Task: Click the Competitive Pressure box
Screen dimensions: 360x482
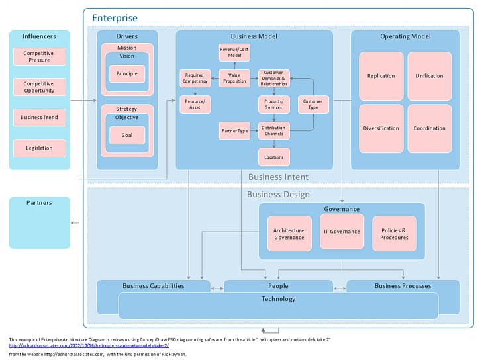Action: [40, 56]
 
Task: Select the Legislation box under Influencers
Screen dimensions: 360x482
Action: [40, 148]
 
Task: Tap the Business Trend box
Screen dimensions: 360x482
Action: [40, 117]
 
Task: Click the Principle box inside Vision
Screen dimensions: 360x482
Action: [127, 73]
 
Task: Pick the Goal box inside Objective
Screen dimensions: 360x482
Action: [127, 134]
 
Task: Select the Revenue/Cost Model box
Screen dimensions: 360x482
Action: [234, 53]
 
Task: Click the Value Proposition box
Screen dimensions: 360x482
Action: [234, 78]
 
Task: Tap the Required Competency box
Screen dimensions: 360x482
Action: [195, 78]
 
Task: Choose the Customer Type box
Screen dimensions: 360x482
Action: [313, 104]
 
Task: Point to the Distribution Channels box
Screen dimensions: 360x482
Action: [273, 130]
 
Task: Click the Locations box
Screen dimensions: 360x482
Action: [273, 157]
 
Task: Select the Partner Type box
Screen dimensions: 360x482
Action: [234, 130]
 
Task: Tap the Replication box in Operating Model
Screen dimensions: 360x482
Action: [381, 75]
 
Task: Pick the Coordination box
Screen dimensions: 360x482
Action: [429, 128]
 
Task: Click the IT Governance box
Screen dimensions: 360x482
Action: [342, 231]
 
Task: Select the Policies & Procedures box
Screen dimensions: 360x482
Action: [395, 234]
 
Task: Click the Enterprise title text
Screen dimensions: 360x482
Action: [115, 18]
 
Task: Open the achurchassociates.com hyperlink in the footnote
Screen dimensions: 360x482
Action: [89, 345]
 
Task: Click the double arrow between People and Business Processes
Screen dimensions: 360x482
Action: [340, 288]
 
